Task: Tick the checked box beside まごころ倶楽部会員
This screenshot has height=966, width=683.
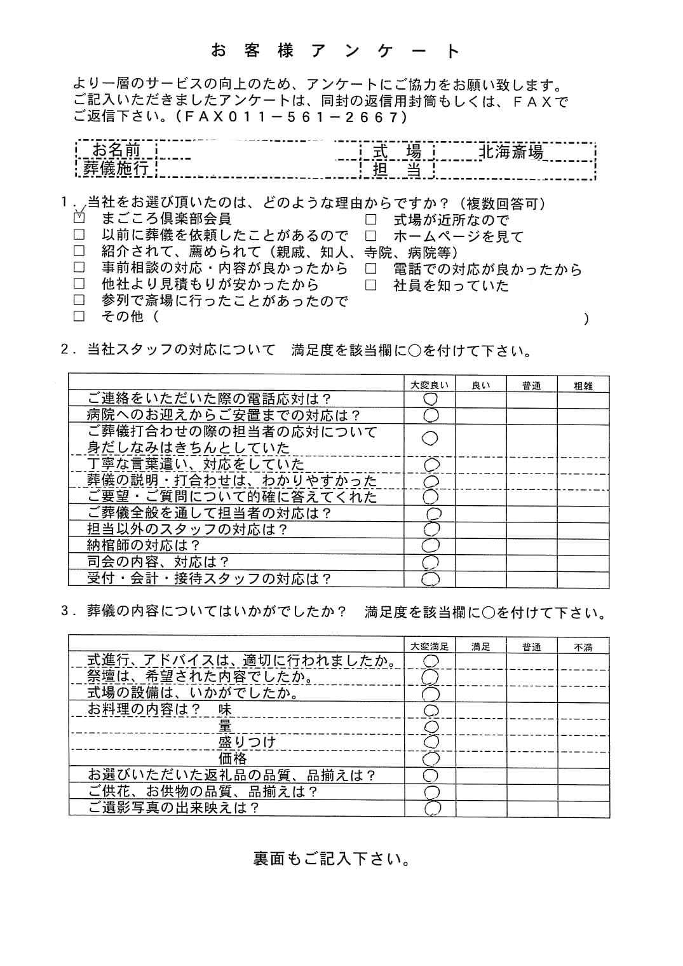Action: (x=79, y=217)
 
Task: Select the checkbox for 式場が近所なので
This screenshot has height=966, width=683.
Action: (x=370, y=221)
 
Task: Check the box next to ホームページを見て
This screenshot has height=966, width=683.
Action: (x=370, y=236)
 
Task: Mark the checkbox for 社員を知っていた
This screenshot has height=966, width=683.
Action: (x=370, y=285)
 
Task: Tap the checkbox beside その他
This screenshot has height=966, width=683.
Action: (x=79, y=316)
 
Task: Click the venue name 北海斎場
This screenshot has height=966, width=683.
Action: (x=511, y=152)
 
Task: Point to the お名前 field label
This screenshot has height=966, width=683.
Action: (x=116, y=151)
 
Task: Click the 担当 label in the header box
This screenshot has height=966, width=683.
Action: (x=397, y=169)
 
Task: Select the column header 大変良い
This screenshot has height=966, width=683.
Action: (x=429, y=385)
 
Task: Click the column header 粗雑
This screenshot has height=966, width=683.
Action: (x=583, y=385)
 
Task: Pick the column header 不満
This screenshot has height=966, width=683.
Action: (x=583, y=647)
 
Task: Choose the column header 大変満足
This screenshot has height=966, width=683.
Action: (x=429, y=647)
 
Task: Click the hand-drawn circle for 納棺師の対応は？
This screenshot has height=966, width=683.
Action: (x=431, y=545)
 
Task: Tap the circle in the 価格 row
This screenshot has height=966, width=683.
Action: (x=431, y=758)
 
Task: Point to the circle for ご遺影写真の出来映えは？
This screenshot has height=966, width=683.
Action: (x=431, y=808)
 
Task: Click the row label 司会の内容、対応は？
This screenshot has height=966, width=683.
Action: (x=158, y=562)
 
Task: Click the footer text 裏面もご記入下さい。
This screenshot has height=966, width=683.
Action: (x=332, y=859)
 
